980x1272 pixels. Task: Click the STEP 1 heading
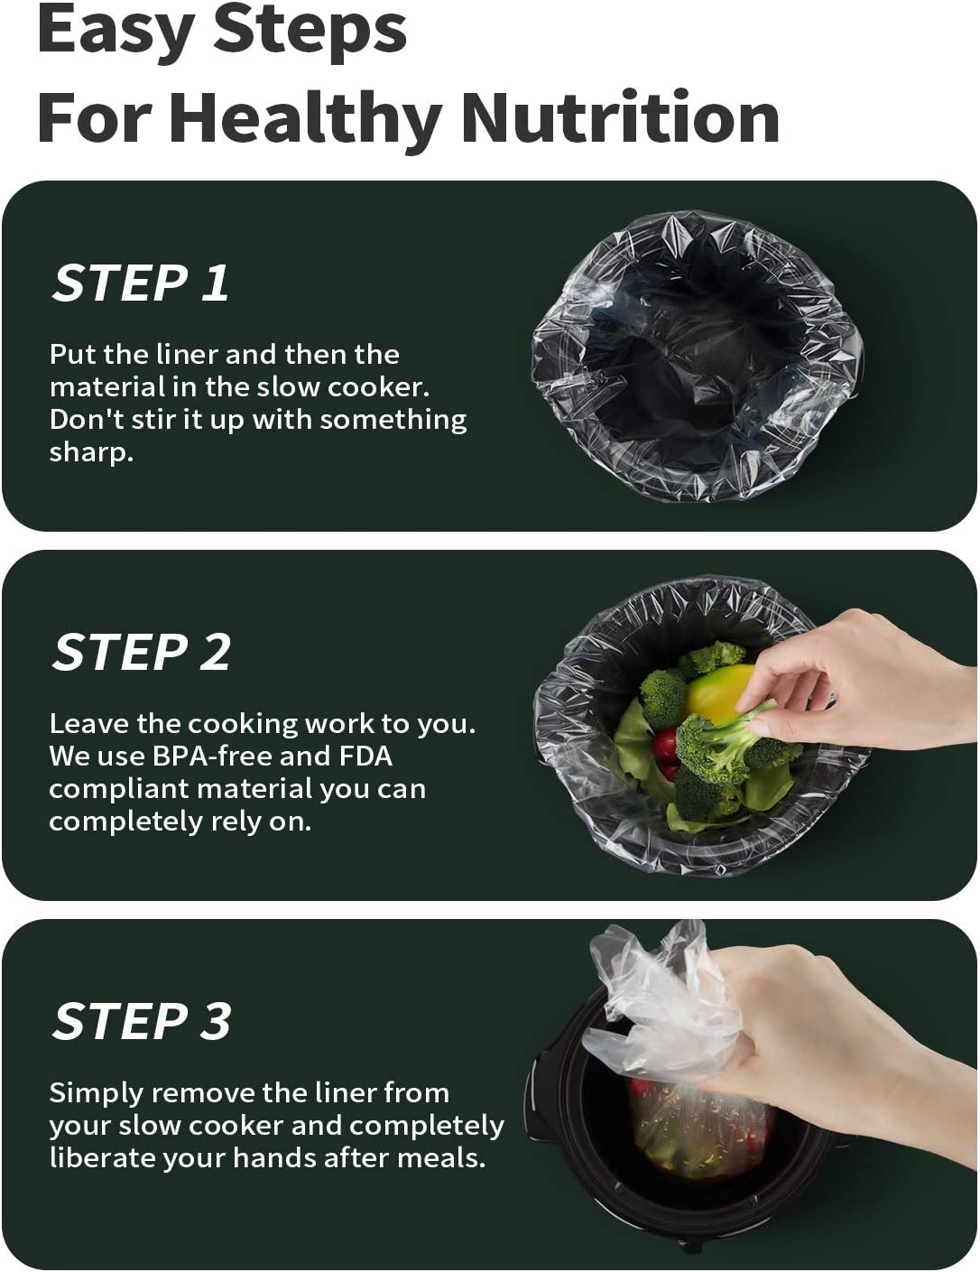[x=141, y=283]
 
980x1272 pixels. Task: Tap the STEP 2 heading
[x=142, y=653]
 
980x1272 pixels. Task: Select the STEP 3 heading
[x=142, y=1021]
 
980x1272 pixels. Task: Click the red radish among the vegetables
[x=666, y=745]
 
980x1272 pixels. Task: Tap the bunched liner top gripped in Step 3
[x=667, y=1002]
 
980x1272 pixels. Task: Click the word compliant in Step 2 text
[x=118, y=790]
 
